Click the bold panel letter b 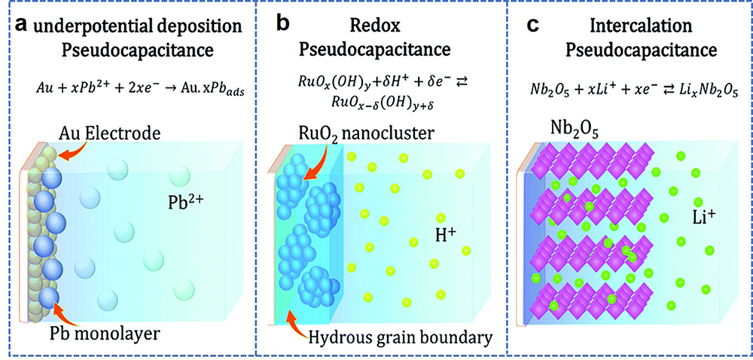point(281,25)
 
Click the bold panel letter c point(532,25)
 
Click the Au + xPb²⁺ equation point(123,88)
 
